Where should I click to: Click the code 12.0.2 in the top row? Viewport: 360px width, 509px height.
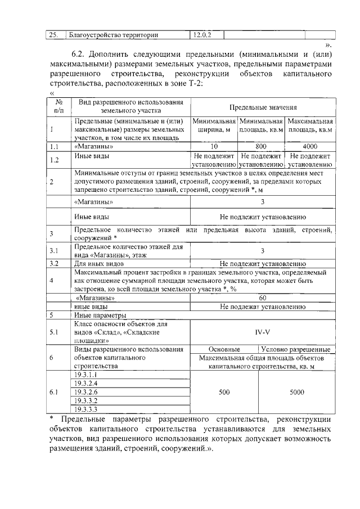tap(201, 35)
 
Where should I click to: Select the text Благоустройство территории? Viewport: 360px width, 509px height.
tap(112, 35)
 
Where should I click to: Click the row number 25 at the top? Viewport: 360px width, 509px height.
tap(53, 35)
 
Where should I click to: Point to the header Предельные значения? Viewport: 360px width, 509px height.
tap(263, 107)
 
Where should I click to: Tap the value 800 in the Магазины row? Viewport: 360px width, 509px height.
tap(260, 146)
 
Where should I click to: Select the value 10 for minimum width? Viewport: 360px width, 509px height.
tap(214, 146)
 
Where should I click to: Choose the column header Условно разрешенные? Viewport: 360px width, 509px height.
tap(296, 349)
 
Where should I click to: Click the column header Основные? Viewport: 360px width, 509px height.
tap(224, 349)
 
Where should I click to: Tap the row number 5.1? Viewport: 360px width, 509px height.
tap(53, 332)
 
